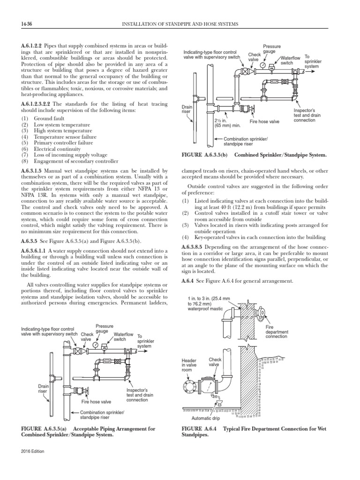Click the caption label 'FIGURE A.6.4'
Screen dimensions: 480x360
pyautogui.click(x=197, y=429)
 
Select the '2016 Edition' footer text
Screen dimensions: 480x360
pyautogui.click(x=31, y=463)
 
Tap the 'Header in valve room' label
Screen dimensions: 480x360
pyautogui.click(x=190, y=365)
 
